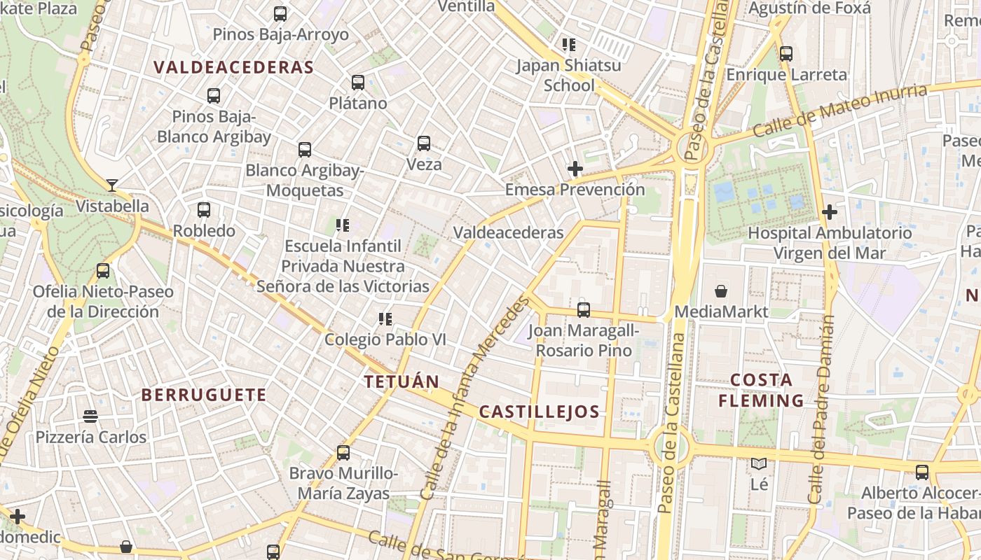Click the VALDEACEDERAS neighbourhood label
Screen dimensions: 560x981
coord(233,67)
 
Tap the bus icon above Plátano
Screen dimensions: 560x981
coord(358,83)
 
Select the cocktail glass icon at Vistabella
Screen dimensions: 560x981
coord(112,185)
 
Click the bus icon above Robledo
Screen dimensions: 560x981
coord(204,209)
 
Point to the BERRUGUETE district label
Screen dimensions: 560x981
coord(204,395)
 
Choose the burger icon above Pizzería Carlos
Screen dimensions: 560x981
coord(90,416)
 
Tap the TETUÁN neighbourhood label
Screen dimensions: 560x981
coord(402,382)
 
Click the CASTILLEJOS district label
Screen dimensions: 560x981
coord(539,412)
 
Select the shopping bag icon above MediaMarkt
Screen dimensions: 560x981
coord(721,290)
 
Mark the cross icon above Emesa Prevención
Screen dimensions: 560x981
coord(575,169)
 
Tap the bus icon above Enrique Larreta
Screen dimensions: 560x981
coord(786,53)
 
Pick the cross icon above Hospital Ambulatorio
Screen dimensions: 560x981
coord(830,211)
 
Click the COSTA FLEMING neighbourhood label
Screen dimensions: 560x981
coord(761,391)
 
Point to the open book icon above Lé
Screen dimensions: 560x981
coord(759,463)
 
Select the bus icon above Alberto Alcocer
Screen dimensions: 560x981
coord(922,472)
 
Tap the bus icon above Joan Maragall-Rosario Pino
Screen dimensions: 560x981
coord(584,309)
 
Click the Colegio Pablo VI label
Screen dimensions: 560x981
coord(385,339)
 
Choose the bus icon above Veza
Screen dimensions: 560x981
coord(424,143)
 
